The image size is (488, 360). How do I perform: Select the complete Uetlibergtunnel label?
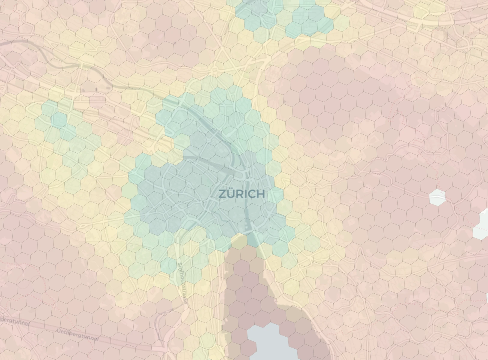[x=77, y=335]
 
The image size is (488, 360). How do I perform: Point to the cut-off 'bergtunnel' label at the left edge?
[x=15, y=321]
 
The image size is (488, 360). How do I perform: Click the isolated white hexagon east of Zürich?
[x=437, y=197]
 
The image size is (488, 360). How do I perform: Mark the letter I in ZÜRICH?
[x=244, y=194]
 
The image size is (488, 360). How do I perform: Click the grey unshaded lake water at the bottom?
[x=270, y=342]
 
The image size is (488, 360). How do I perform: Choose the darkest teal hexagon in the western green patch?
[x=59, y=120]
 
